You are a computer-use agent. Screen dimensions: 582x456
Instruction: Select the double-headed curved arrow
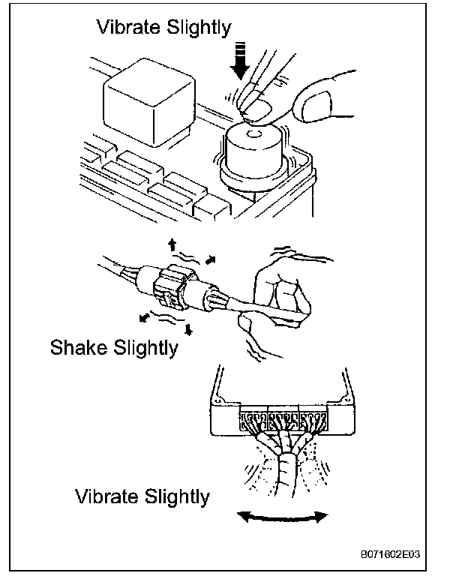[283, 516]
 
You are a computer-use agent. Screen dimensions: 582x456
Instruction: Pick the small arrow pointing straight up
[172, 243]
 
